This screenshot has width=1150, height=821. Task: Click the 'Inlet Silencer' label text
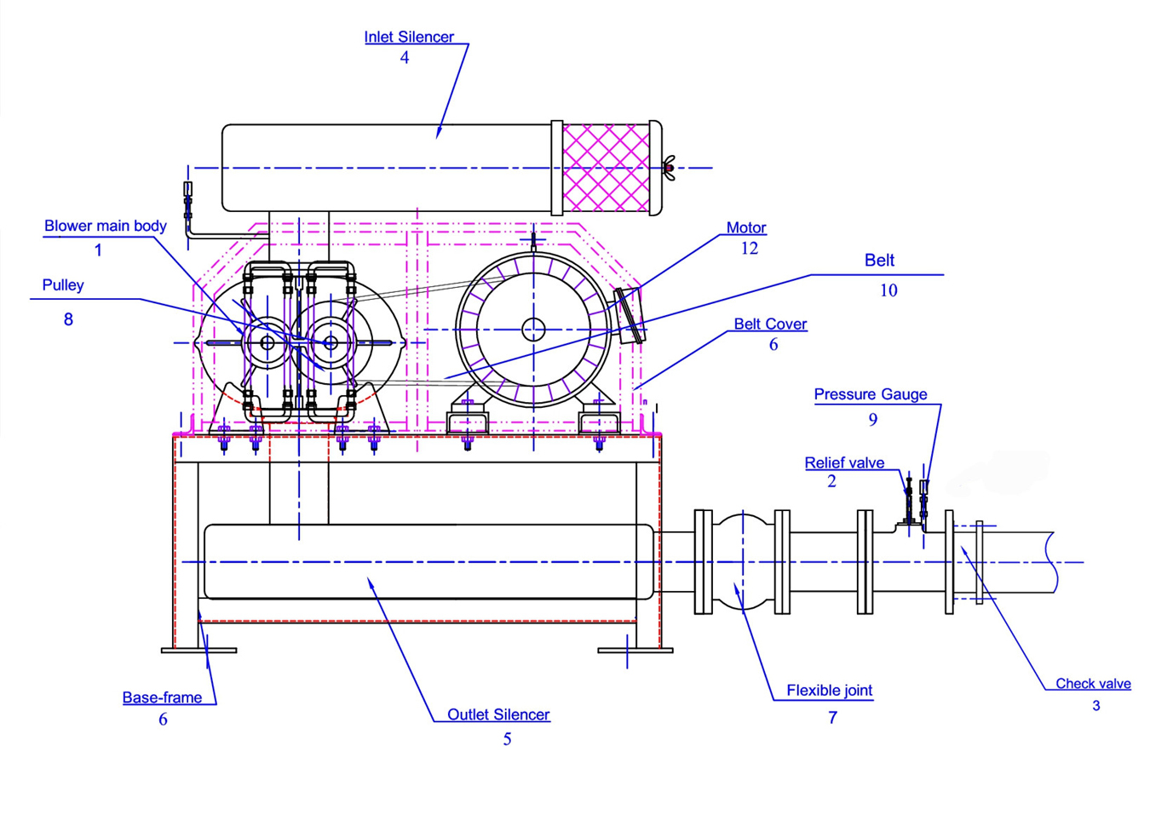(x=409, y=37)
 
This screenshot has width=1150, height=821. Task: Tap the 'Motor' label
(x=746, y=227)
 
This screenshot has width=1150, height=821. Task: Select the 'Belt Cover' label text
(x=770, y=324)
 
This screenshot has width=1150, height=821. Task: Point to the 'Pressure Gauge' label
(x=871, y=394)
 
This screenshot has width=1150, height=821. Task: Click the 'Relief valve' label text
(x=844, y=462)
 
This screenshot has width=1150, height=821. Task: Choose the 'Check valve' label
(x=1093, y=684)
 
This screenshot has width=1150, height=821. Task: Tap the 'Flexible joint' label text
(x=830, y=690)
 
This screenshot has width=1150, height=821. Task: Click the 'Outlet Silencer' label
(x=498, y=715)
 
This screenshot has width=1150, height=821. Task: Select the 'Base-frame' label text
(x=162, y=698)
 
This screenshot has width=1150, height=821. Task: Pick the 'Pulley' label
(x=63, y=285)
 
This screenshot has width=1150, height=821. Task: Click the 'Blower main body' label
(x=106, y=226)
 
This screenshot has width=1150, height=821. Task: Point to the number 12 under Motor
(x=750, y=249)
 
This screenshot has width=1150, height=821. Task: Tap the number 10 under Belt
(x=888, y=290)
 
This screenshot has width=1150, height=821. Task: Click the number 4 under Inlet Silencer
(x=405, y=57)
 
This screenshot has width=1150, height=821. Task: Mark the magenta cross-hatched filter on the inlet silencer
(x=606, y=168)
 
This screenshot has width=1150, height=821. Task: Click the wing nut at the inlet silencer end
(x=669, y=168)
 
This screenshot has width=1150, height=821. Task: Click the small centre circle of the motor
(x=533, y=330)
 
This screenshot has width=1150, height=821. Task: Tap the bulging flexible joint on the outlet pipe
(x=742, y=562)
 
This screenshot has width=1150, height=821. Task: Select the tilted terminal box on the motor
(x=630, y=316)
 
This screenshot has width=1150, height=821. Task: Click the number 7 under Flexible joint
(x=833, y=717)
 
